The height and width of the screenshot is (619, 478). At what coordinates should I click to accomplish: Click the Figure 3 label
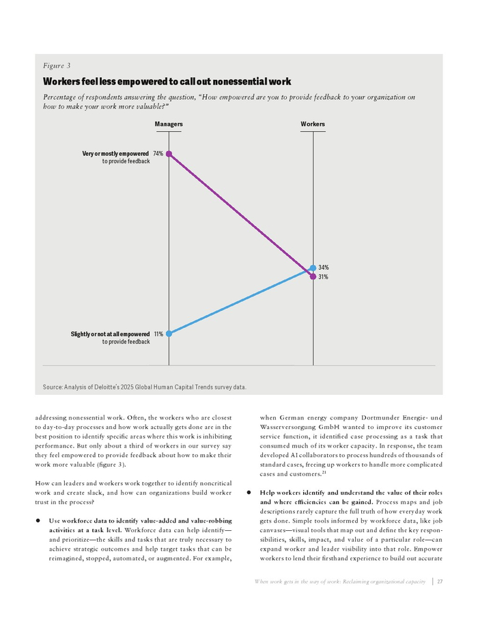point(56,66)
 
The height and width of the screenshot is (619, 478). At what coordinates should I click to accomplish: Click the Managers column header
point(169,124)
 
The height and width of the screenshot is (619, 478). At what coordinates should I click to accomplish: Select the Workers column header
point(313,124)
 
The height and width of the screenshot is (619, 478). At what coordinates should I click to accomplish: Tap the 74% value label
point(158,154)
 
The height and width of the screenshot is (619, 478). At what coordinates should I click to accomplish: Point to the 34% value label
point(324,267)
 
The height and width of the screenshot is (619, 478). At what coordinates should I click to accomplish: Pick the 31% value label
point(324,277)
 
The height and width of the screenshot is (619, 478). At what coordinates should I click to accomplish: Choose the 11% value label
point(158,334)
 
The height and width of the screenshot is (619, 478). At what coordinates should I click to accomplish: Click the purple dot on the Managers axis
point(169,154)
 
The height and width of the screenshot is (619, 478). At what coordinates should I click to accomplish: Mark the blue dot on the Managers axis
point(169,334)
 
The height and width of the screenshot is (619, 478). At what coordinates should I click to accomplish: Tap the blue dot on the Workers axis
point(313,268)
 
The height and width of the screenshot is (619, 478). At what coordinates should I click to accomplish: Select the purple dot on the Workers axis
point(313,276)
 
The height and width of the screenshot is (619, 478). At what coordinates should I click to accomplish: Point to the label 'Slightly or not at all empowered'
point(110,334)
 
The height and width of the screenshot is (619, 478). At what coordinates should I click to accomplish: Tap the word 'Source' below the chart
point(53,387)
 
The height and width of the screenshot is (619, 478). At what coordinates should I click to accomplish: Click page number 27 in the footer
point(440,581)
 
